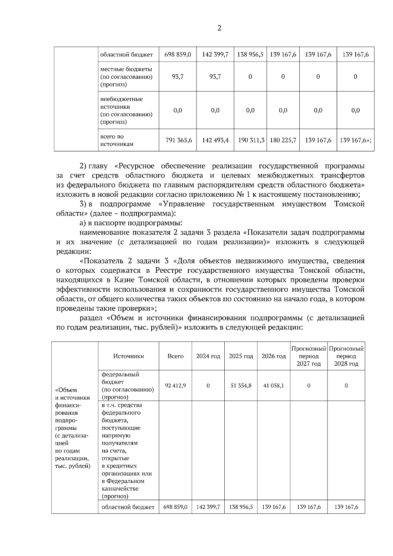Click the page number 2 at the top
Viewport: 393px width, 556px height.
coord(219,28)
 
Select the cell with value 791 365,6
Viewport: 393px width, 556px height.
coord(179,140)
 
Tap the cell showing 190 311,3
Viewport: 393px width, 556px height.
coord(251,140)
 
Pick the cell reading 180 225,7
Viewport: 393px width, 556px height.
coord(283,140)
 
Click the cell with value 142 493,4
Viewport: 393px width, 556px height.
coord(215,140)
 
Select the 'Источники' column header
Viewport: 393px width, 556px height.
coord(128,356)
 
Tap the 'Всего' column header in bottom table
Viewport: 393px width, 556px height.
coord(175,356)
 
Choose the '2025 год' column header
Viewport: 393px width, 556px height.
coord(241,356)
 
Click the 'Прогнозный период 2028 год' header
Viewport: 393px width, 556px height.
coord(346,356)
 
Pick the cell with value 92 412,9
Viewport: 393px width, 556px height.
coord(175,386)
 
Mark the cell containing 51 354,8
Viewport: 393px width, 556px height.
coord(241,386)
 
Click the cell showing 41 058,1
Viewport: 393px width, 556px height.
coord(273,386)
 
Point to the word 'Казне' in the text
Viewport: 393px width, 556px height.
coord(124,280)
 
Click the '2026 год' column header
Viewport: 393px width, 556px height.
coord(273,356)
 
